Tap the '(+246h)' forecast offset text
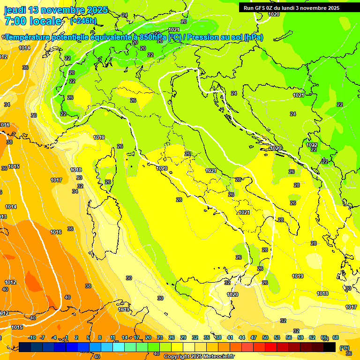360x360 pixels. pos(83,21)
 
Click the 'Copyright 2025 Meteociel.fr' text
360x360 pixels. pos(199,357)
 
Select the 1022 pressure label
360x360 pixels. pos(312,145)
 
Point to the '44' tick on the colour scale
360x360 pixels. pos(241,337)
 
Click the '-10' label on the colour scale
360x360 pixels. pos(32,337)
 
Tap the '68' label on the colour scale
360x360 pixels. pos(336,337)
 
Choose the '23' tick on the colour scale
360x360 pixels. pos(159,337)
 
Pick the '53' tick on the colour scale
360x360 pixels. pos(277,337)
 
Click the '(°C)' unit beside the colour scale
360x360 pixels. pos(345,348)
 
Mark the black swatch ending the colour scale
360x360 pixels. pos(330,347)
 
